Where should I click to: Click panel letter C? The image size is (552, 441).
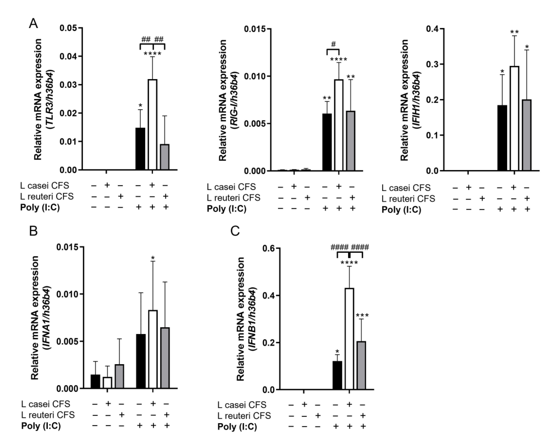tap(235, 231)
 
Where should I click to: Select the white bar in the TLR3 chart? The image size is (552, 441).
tap(153, 124)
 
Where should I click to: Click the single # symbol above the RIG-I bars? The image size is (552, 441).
tap(333, 44)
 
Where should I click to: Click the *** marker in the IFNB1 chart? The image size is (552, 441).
tap(362, 315)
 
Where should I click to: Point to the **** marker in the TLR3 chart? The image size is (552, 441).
tap(153, 54)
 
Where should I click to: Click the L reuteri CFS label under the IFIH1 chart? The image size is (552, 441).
tap(408, 199)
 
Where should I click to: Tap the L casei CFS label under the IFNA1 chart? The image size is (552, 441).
tap(46, 404)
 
